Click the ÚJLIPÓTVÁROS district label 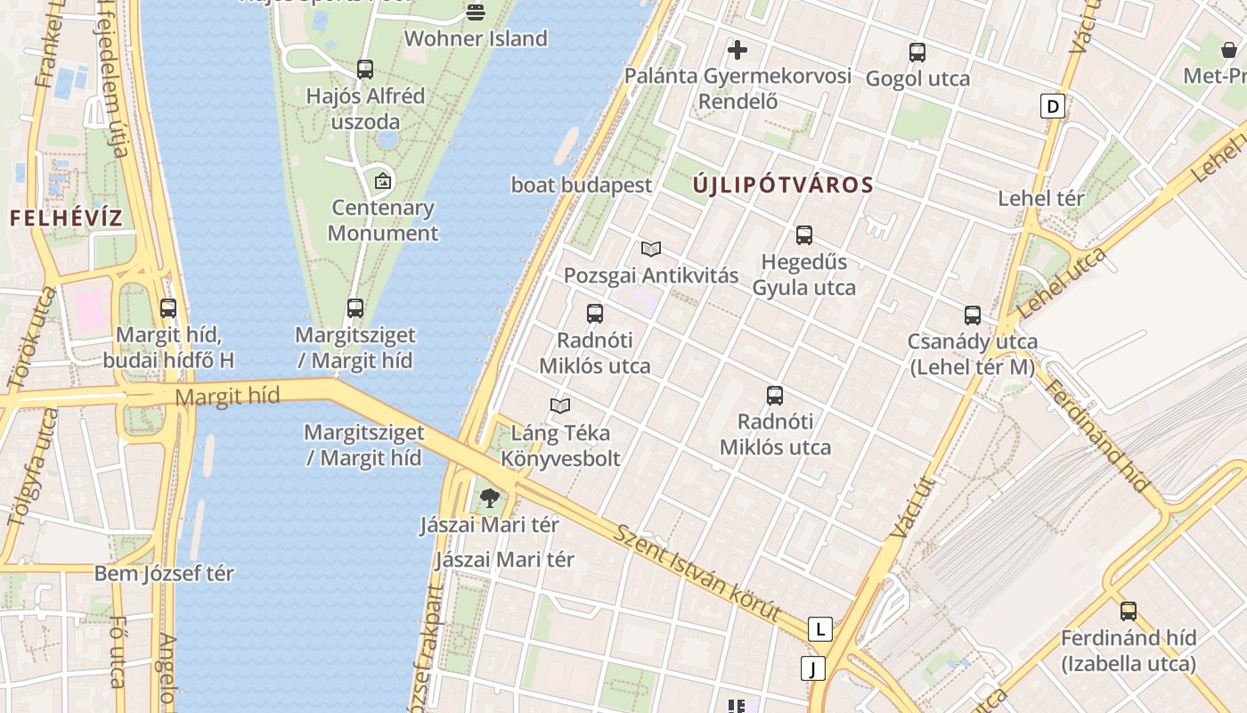click(x=783, y=185)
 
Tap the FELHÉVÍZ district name click(x=66, y=218)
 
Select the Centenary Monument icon click(x=383, y=181)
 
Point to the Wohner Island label click(x=476, y=38)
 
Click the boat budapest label click(x=582, y=185)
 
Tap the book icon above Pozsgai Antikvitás click(x=651, y=250)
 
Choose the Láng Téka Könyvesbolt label click(x=560, y=446)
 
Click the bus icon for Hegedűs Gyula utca click(x=804, y=235)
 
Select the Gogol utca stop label click(x=917, y=78)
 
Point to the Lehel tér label click(x=1040, y=198)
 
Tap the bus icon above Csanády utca click(x=972, y=316)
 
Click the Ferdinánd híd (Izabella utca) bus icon click(x=1129, y=611)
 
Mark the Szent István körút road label click(x=697, y=572)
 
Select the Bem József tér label click(x=164, y=573)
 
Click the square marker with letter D click(x=1053, y=107)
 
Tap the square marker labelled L click(x=819, y=629)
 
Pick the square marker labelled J click(x=812, y=668)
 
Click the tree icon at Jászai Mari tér click(x=489, y=498)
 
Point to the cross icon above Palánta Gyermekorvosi click(x=738, y=50)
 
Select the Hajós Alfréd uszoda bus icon click(x=365, y=69)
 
